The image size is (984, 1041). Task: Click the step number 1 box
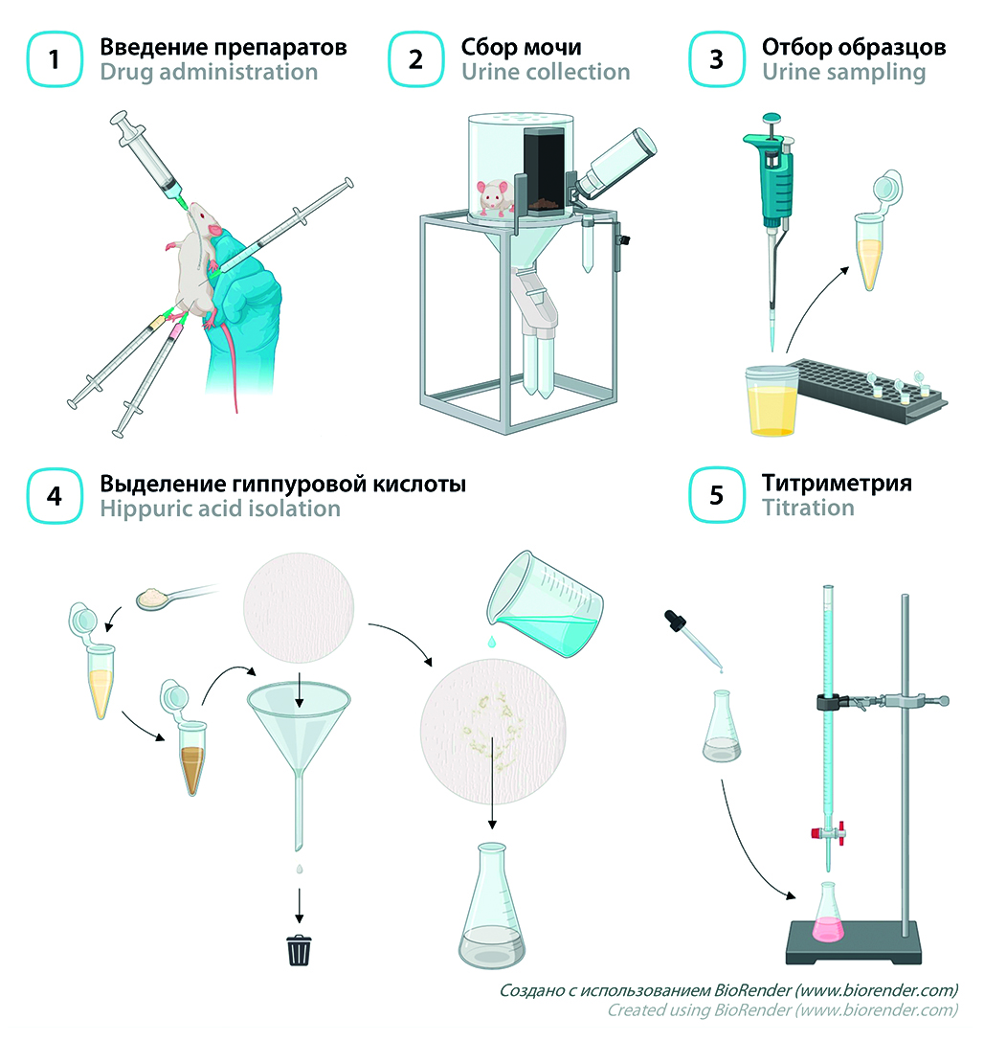[55, 59]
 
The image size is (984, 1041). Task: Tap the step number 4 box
[55, 496]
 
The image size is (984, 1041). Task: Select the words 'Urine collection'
[546, 72]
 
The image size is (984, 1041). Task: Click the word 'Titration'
[808, 508]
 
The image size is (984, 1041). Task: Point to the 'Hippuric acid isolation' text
[219, 509]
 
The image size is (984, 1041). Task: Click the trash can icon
[300, 950]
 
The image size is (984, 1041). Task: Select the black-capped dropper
[693, 640]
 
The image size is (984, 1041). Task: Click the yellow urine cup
[772, 400]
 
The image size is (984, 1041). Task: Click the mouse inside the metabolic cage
[493, 197]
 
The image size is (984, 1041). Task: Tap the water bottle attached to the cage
[615, 164]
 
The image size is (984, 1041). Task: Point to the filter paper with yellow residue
[493, 731]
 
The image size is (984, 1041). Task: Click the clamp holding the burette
[882, 701]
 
